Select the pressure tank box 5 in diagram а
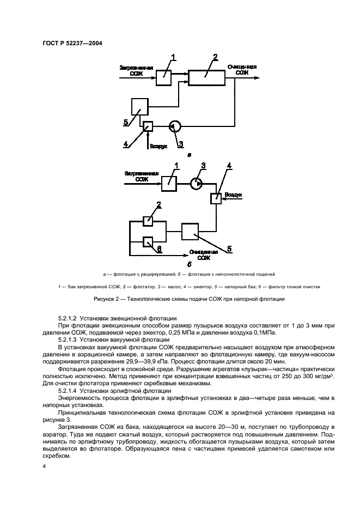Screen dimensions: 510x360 click(x=140, y=106)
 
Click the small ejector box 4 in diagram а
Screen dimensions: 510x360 click(x=147, y=126)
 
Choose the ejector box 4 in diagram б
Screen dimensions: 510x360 click(x=216, y=199)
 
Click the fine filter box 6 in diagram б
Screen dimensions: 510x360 click(x=148, y=241)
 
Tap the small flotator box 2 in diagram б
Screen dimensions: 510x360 click(x=148, y=221)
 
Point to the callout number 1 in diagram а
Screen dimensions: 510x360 click(x=174, y=58)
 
